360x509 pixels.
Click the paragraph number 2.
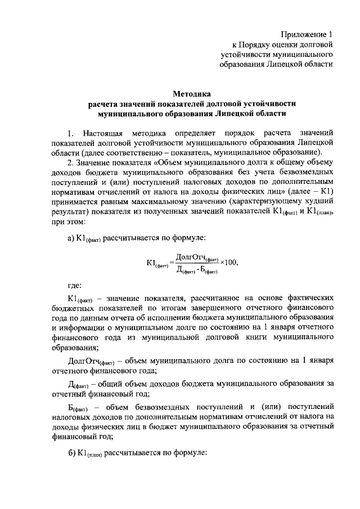[x=70, y=162]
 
